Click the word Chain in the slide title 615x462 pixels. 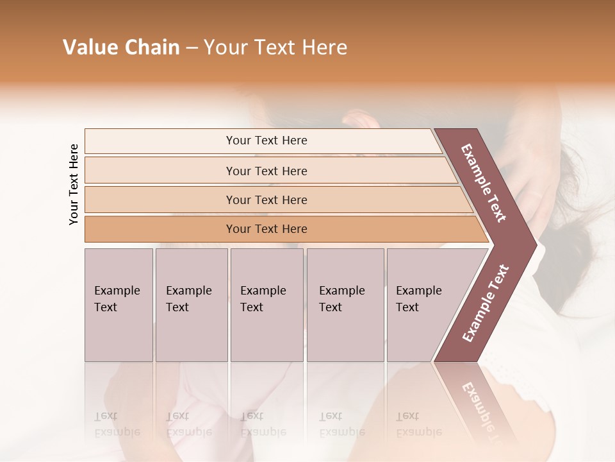click(151, 47)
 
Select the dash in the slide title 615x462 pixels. click(192, 48)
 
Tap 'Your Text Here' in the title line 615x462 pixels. click(275, 47)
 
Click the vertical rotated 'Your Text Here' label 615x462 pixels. click(74, 184)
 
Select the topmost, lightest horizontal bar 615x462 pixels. click(266, 141)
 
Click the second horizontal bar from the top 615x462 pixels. click(266, 171)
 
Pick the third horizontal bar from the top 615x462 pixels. click(266, 200)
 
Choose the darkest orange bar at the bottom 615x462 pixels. click(266, 229)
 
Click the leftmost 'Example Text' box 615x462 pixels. click(119, 304)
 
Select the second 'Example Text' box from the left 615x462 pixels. click(191, 304)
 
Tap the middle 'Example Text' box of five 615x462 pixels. click(266, 304)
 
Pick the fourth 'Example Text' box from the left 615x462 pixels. click(345, 304)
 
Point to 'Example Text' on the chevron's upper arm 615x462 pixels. click(484, 183)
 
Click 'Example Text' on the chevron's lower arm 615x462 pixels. click(485, 304)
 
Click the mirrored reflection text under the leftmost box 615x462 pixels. click(117, 424)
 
